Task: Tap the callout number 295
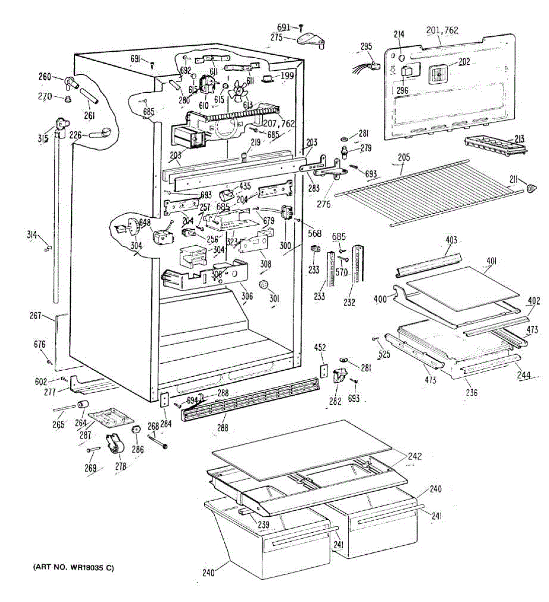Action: tap(366, 47)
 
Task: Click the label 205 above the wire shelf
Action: tap(403, 158)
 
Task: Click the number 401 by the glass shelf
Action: tap(491, 261)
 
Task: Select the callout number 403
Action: tap(451, 240)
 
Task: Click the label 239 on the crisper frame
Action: tap(263, 525)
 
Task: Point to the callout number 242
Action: tap(415, 456)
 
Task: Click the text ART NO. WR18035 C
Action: tap(73, 568)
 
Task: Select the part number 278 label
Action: tap(120, 467)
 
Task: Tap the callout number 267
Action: tap(35, 315)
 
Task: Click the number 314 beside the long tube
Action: tap(33, 234)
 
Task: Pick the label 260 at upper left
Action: tap(45, 77)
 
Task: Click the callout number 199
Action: tap(287, 76)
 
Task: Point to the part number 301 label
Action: tap(274, 299)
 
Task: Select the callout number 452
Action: tap(320, 347)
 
